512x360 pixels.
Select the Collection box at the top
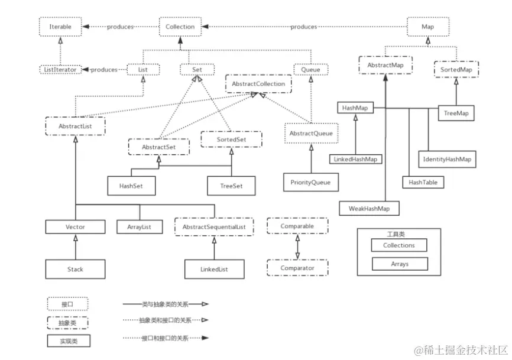[180, 27]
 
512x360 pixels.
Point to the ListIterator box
[60, 70]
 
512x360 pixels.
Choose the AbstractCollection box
[258, 84]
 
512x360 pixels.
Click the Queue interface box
[310, 70]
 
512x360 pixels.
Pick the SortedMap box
[456, 70]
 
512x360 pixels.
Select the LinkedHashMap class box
[355, 159]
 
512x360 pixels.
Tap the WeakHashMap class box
[369, 208]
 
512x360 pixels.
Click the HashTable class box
[423, 183]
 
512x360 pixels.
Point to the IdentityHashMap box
[448, 160]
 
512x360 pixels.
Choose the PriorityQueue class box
[310, 182]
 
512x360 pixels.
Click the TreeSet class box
[232, 186]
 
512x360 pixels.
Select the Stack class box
[75, 269]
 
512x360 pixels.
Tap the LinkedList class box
[214, 270]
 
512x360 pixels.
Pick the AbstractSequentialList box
[214, 227]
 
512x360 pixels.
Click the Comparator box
[297, 268]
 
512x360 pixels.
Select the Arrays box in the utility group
[399, 264]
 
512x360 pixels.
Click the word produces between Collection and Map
[304, 27]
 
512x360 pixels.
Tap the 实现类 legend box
[68, 341]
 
